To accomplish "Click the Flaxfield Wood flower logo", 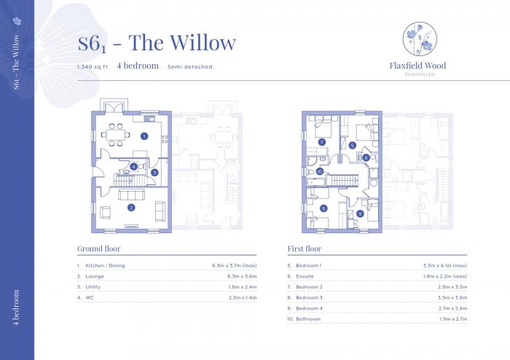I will (417, 39).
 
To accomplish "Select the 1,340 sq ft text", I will (93, 66).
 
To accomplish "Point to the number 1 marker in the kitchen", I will (144, 136).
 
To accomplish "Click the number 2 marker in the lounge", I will (131, 208).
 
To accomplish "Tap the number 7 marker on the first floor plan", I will (321, 141).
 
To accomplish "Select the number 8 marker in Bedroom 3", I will (323, 208).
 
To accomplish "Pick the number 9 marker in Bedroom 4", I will (359, 214).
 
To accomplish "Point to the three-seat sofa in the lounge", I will (132, 195).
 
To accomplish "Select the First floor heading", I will (304, 248).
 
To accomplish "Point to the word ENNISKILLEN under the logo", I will (417, 74).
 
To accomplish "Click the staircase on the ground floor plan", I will (122, 179).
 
